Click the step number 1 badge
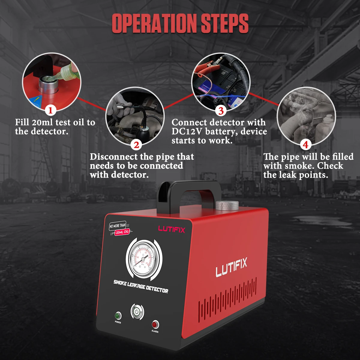click(x=50, y=111)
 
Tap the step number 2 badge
click(x=136, y=145)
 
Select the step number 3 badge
click(x=220, y=111)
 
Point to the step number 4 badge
click(x=305, y=145)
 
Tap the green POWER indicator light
click(x=118, y=316)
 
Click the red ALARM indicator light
click(x=155, y=324)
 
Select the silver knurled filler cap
click(x=227, y=206)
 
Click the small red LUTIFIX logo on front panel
click(x=172, y=229)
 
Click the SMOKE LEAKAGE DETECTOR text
click(x=140, y=286)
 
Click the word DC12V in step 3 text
click(x=187, y=131)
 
